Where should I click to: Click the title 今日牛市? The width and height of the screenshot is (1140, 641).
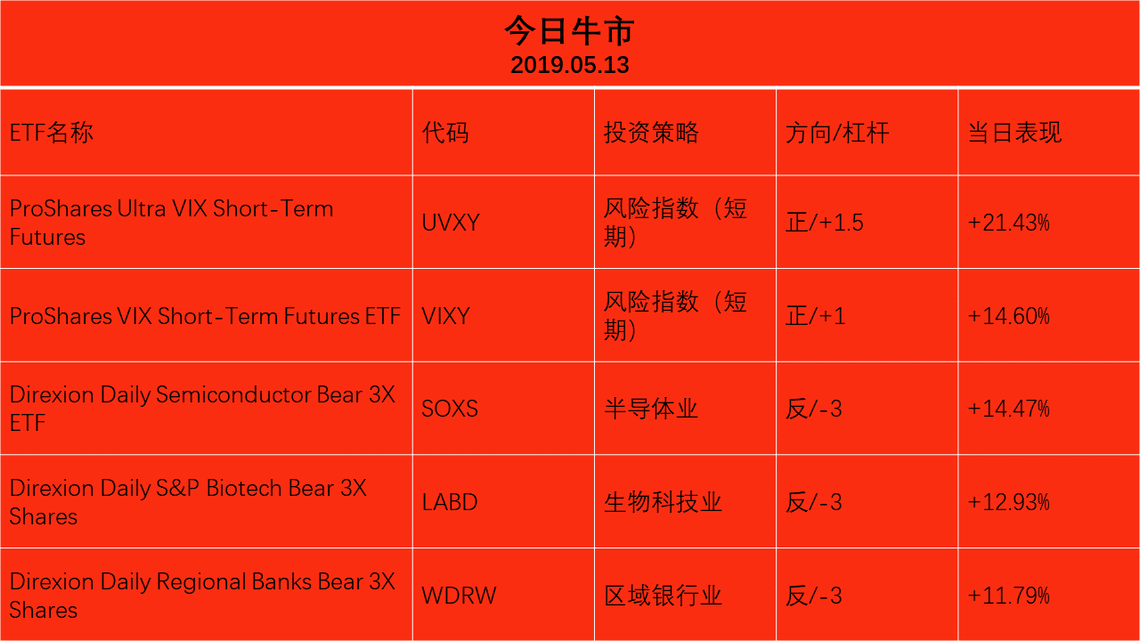(569, 30)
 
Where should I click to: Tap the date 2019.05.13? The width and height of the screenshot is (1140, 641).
(569, 65)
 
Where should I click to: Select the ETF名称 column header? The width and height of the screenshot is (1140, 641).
(52, 133)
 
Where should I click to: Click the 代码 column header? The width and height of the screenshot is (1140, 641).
(445, 133)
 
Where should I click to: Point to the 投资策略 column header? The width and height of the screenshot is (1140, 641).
(651, 133)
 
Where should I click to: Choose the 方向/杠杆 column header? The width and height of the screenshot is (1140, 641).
(837, 133)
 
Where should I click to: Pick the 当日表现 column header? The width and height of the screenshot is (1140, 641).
(1014, 133)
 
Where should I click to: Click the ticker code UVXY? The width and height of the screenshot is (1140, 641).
(451, 223)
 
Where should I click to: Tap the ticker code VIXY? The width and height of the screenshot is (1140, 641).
(446, 316)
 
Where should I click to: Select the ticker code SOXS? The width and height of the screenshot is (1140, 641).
(450, 409)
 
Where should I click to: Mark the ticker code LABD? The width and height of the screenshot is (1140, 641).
(450, 502)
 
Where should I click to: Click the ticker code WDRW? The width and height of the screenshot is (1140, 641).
(459, 596)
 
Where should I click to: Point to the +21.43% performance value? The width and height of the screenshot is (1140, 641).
(1009, 223)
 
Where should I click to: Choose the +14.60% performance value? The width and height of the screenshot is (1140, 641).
(1009, 316)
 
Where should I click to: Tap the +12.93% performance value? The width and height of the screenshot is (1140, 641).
(1009, 502)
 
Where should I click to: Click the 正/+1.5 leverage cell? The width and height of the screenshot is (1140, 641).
(825, 223)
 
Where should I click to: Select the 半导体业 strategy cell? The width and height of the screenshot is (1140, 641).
(651, 409)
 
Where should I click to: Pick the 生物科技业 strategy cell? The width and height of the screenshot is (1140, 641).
(663, 503)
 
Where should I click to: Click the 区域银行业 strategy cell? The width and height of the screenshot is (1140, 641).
(663, 596)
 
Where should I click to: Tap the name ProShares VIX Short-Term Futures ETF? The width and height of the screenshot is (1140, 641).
(205, 316)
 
